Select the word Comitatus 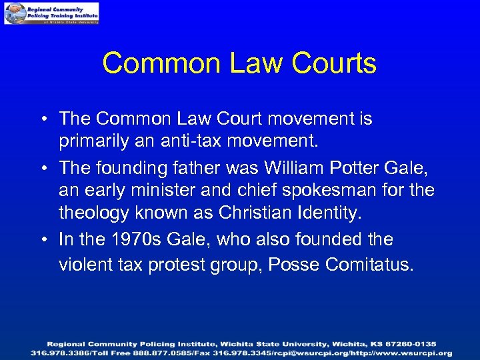tap(369, 265)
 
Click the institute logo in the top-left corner tap(51, 13)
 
